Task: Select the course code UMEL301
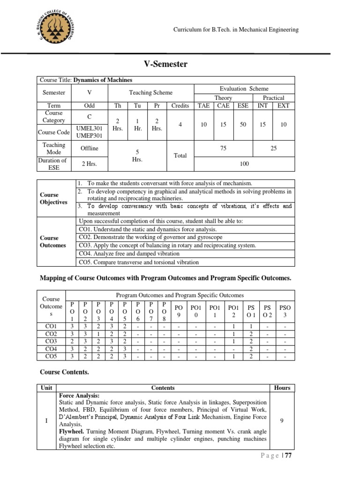[89, 128]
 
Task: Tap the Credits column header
[180, 105]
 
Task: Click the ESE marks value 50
[243, 124]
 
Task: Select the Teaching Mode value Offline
[89, 148]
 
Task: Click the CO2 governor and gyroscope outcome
[144, 237]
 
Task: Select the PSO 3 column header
[285, 311]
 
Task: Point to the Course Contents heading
[64, 372]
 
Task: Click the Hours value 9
[281, 421]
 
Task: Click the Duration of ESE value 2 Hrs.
[89, 164]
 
